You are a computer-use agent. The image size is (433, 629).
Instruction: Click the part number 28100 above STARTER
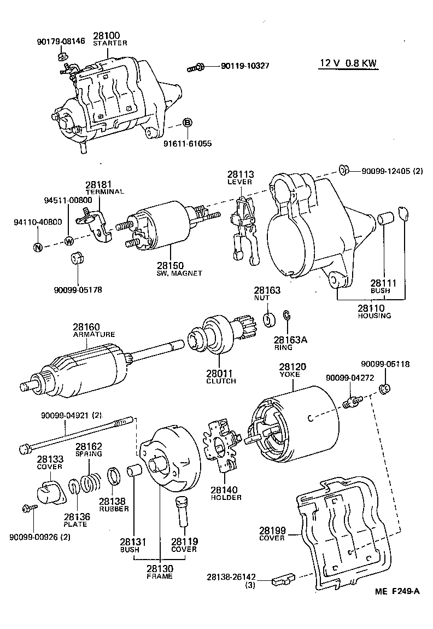pyautogui.click(x=109, y=36)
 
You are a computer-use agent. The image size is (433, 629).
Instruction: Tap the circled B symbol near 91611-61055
pyautogui.click(x=186, y=123)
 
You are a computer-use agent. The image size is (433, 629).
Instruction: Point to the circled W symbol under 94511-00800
pyautogui.click(x=69, y=241)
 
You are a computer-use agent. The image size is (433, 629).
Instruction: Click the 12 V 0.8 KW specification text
pyautogui.click(x=348, y=63)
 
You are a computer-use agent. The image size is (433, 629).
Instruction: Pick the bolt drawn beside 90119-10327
pyautogui.click(x=196, y=68)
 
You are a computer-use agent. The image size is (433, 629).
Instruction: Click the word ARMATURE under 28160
pyautogui.click(x=94, y=334)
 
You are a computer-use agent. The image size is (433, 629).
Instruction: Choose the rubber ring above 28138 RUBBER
pyautogui.click(x=114, y=475)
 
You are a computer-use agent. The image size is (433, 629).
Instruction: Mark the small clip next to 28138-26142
pyautogui.click(x=285, y=578)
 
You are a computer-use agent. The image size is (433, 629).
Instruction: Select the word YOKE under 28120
pyautogui.click(x=293, y=375)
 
